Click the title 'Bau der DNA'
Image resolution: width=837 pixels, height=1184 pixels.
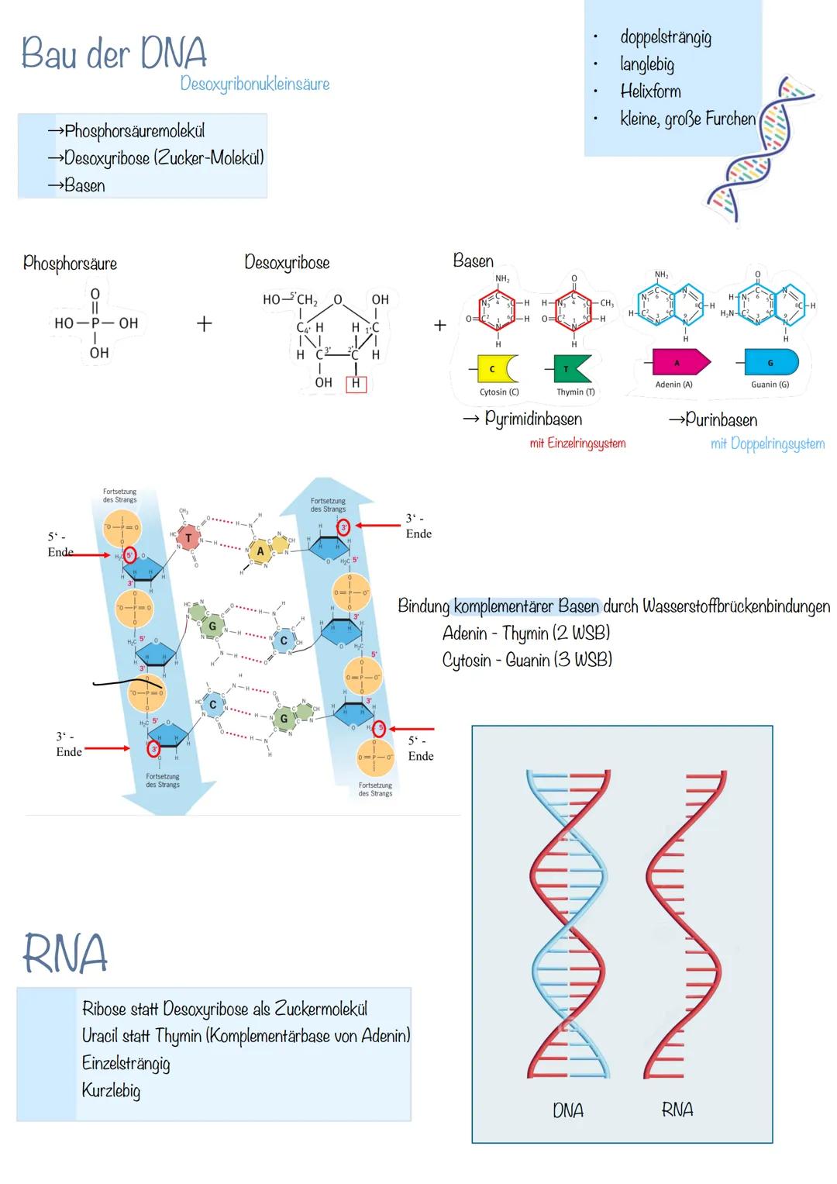pos(114,53)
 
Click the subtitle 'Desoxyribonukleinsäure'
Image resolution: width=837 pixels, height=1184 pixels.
pos(254,84)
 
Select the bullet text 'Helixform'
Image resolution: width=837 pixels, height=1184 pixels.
pos(650,91)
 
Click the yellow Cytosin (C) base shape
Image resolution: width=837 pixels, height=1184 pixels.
pos(496,369)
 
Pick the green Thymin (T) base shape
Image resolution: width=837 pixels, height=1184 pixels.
pos(572,369)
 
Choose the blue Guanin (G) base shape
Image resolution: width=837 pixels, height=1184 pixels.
pos(770,362)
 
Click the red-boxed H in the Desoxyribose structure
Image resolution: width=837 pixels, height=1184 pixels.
pos(356,383)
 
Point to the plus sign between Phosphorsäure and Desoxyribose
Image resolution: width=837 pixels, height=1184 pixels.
pos(204,323)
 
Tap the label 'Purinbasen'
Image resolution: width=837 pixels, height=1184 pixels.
pos(721,420)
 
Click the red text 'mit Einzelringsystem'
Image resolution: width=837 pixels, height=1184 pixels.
pos(577,444)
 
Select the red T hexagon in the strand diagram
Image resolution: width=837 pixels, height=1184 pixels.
pos(188,537)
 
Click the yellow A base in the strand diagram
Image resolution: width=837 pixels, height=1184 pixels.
pos(260,551)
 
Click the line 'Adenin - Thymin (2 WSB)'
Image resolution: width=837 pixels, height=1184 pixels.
pos(525,633)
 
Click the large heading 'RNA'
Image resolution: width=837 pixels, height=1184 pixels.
pos(64,954)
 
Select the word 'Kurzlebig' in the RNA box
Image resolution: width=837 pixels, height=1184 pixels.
pos(111,1090)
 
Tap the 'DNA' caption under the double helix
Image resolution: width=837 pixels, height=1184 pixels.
pos(567,1110)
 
